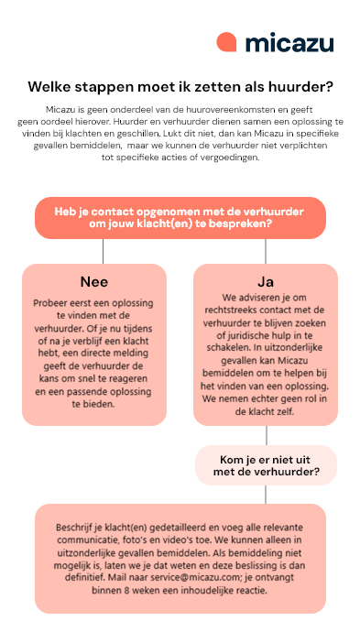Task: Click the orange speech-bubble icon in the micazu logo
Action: (x=227, y=42)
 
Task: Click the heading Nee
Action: (x=94, y=281)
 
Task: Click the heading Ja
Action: (x=266, y=281)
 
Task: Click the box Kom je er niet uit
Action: (x=266, y=465)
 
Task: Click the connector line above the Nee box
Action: (x=103, y=251)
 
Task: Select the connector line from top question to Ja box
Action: (x=266, y=251)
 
